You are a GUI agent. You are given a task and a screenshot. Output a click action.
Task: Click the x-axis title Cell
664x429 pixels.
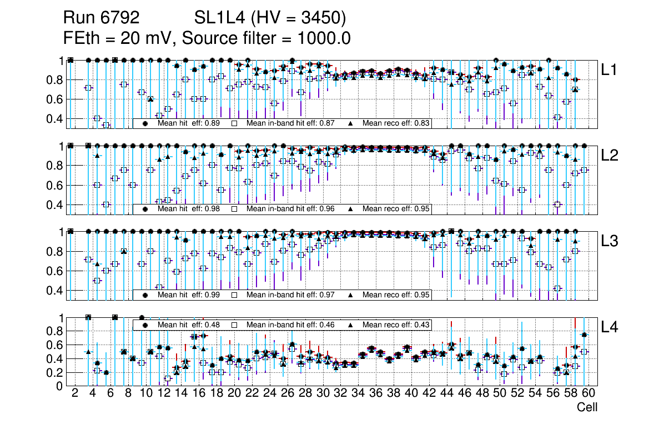tap(587, 407)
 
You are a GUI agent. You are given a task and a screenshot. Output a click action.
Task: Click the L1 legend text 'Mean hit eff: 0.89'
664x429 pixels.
tap(186, 123)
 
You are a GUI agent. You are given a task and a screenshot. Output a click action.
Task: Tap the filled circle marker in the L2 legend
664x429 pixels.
tap(145, 209)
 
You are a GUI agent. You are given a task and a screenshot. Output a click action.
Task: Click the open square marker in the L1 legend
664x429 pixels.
tap(234, 123)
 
